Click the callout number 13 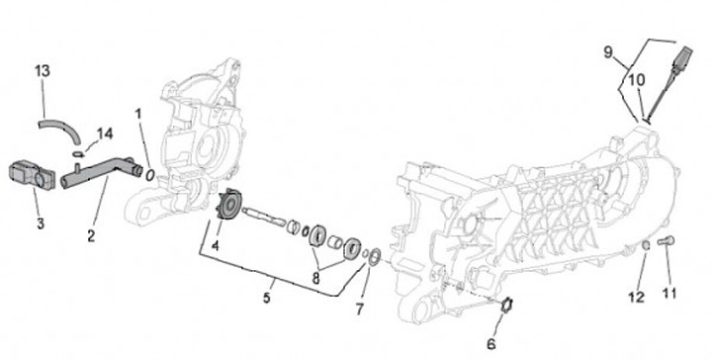(43, 71)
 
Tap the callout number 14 (105, 134)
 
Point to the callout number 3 (41, 223)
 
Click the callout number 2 (91, 235)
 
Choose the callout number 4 (215, 245)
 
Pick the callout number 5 (267, 298)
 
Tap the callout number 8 (315, 278)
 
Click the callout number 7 (359, 310)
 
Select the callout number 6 (491, 344)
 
